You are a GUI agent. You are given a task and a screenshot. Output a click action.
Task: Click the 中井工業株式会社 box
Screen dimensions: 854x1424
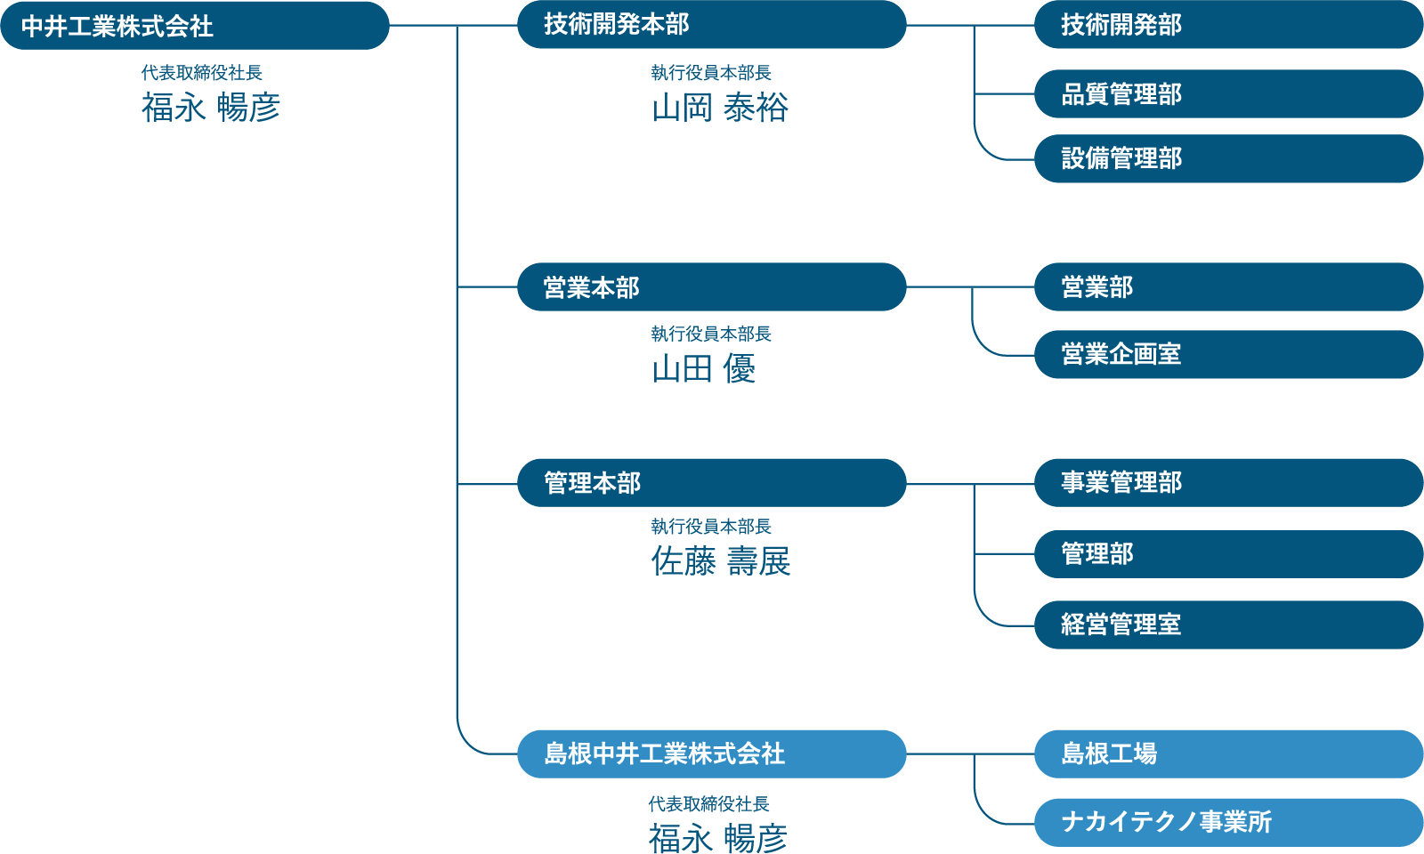pyautogui.click(x=194, y=26)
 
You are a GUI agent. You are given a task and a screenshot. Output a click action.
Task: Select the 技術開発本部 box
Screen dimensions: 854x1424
pyautogui.click(x=711, y=25)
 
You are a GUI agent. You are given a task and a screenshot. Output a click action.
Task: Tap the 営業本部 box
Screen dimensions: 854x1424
pyautogui.click(x=711, y=287)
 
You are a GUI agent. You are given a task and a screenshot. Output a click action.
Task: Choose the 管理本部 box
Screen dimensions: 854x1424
pyautogui.click(x=711, y=483)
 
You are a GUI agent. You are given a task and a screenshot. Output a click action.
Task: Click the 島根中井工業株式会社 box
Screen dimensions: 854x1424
pyautogui.click(x=711, y=753)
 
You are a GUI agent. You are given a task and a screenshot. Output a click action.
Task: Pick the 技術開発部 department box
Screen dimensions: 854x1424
pyautogui.click(x=1228, y=25)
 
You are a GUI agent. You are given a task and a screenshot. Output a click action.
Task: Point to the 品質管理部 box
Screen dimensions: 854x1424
pyautogui.click(x=1228, y=93)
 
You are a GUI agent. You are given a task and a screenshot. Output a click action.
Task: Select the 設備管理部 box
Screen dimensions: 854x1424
pyautogui.click(x=1228, y=158)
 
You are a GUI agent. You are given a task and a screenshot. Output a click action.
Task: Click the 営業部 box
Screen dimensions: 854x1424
pyautogui.click(x=1228, y=287)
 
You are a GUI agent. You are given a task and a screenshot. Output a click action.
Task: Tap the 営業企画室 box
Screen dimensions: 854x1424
pyautogui.click(x=1228, y=354)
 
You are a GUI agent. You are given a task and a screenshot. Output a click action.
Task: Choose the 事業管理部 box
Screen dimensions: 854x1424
pyautogui.click(x=1228, y=483)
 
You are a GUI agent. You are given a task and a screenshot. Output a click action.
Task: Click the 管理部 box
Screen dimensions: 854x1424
pyautogui.click(x=1228, y=554)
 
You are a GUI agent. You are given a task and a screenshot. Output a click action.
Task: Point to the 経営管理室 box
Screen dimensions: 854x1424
pyautogui.click(x=1228, y=624)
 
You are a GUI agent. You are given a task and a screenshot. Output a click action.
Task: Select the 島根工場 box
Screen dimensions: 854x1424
pyautogui.click(x=1228, y=753)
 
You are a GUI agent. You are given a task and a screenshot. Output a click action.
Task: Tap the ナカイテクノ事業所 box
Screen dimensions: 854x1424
pyautogui.click(x=1228, y=822)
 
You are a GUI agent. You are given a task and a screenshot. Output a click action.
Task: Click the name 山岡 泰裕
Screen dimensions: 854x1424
pyautogui.click(x=720, y=108)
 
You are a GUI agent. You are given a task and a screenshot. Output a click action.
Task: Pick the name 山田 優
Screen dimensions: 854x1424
pyautogui.click(x=703, y=368)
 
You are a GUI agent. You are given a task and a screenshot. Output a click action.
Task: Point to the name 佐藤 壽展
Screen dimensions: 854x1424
pyautogui.click(x=720, y=561)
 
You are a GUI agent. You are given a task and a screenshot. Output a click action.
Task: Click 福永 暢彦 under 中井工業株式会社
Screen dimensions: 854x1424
pyautogui.click(x=211, y=108)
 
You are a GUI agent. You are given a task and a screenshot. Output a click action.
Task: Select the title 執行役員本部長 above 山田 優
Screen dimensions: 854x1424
pyautogui.click(x=711, y=334)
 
